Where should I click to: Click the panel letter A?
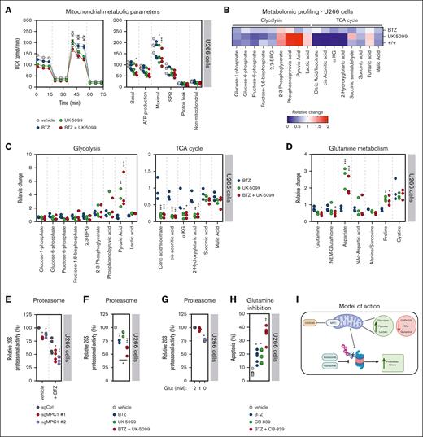pos(7,7)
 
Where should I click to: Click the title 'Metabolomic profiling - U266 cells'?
pos(313,7)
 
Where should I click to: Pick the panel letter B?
pos(223,7)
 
